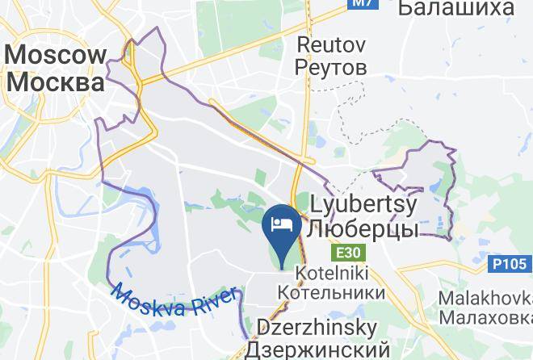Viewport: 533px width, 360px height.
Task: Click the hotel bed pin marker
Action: pyautogui.click(x=283, y=230)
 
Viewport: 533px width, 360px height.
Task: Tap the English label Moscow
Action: pyautogui.click(x=56, y=56)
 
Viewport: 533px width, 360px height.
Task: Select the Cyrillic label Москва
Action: pyautogui.click(x=56, y=82)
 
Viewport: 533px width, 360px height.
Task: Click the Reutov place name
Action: pyautogui.click(x=332, y=42)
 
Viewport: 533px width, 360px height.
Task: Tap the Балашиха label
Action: pyautogui.click(x=456, y=9)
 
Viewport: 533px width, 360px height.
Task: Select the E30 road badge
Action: pyautogui.click(x=348, y=253)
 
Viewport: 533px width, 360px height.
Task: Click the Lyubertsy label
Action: pyautogui.click(x=364, y=205)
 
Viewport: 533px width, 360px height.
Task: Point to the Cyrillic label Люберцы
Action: pyautogui.click(x=364, y=229)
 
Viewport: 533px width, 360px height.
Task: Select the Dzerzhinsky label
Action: pyautogui.click(x=317, y=329)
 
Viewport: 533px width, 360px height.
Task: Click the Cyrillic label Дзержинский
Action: pyautogui.click(x=317, y=350)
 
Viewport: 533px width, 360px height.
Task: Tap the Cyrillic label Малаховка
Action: pyautogui.click(x=485, y=316)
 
